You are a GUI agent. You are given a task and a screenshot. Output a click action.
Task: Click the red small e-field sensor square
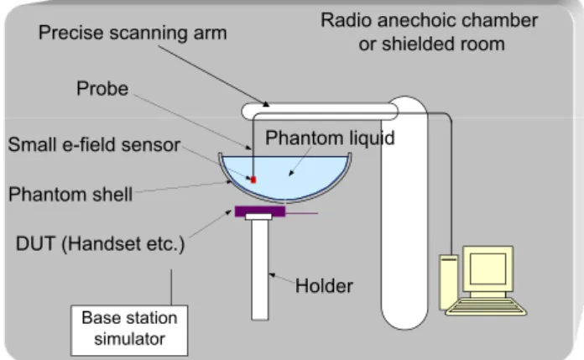pyautogui.click(x=253, y=180)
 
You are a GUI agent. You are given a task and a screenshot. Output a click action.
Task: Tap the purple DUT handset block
pyautogui.click(x=260, y=211)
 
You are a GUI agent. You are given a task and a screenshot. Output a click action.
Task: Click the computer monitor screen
pyautogui.click(x=488, y=269)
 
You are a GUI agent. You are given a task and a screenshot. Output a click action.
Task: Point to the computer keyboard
pyautogui.click(x=487, y=306)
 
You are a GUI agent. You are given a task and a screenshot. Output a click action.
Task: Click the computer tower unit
pyautogui.click(x=449, y=283)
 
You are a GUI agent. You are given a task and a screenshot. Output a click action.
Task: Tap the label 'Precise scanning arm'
pyautogui.click(x=133, y=33)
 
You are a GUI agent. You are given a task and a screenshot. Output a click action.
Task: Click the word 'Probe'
pyautogui.click(x=102, y=89)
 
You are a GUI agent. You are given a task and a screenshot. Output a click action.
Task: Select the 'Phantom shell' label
pyautogui.click(x=70, y=195)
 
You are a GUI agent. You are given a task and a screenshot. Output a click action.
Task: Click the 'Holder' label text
pyautogui.click(x=324, y=286)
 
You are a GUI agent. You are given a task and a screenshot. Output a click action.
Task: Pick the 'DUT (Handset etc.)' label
pyautogui.click(x=100, y=244)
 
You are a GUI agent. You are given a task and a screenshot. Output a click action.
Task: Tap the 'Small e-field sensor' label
pyautogui.click(x=94, y=144)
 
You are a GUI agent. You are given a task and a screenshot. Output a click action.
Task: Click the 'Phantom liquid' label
pyautogui.click(x=330, y=138)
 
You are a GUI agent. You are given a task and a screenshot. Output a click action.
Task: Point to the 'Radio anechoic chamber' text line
pyautogui.click(x=430, y=20)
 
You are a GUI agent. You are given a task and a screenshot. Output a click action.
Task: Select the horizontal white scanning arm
pyautogui.click(x=320, y=112)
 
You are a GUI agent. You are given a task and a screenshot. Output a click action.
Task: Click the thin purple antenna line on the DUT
pyautogui.click(x=301, y=213)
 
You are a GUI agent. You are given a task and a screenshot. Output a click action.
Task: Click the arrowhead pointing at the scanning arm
pyautogui.click(x=265, y=104)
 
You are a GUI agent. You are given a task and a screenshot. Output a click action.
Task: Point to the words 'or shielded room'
pyautogui.click(x=431, y=44)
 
